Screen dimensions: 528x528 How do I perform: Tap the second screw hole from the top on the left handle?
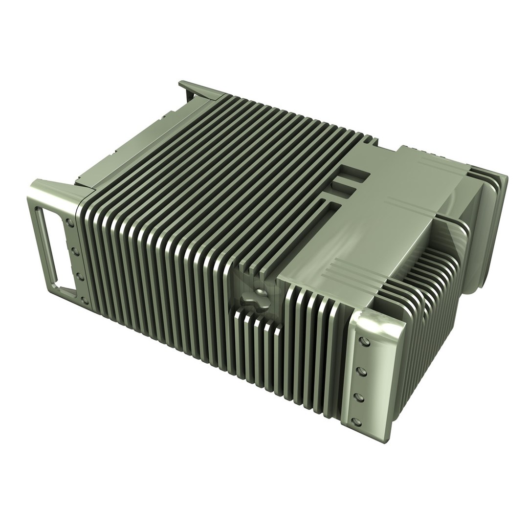(76, 250)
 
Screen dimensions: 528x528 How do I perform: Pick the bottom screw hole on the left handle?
(85, 300)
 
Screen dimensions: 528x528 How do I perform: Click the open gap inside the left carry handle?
(51, 245)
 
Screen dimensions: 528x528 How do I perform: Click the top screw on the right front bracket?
(364, 341)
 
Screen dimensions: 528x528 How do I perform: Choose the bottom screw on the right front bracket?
(358, 421)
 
